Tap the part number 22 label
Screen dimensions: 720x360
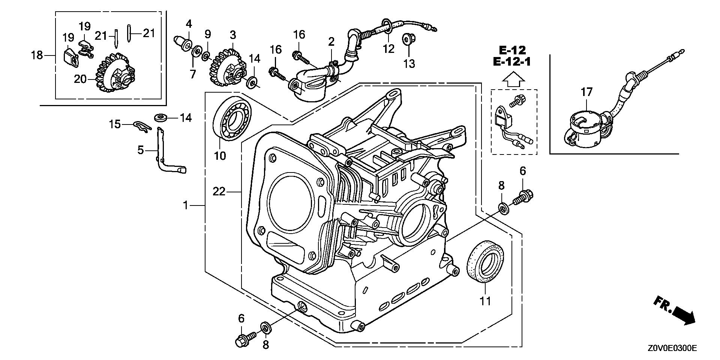tap(219, 192)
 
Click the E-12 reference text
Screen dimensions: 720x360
tap(512, 49)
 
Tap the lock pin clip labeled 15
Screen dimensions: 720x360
tap(143, 126)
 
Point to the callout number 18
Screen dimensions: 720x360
tap(37, 55)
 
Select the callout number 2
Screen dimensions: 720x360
tap(331, 42)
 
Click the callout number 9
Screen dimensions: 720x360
tap(208, 34)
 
